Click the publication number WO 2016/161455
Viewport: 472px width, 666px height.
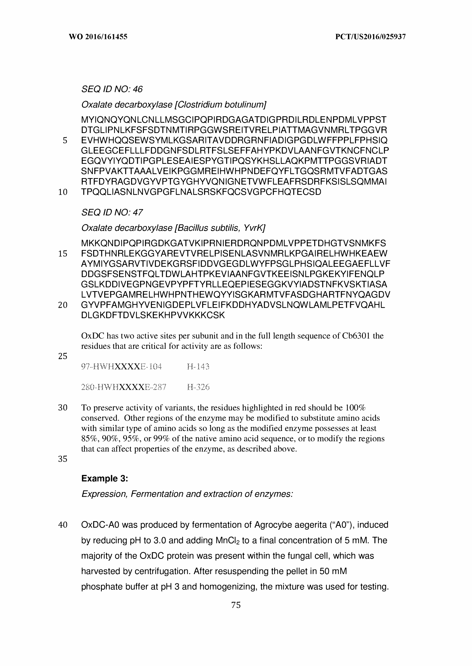coord(98,37)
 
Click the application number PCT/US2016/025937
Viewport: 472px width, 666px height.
coord(370,37)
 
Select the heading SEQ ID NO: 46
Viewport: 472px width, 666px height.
coord(112,89)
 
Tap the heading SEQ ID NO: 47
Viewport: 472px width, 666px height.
coord(112,212)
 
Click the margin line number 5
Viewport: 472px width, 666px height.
coord(65,141)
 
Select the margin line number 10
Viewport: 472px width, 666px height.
coord(63,192)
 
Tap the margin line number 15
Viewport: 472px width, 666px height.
coord(63,254)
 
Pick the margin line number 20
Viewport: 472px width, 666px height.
coord(63,305)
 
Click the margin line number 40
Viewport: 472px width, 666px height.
coord(63,525)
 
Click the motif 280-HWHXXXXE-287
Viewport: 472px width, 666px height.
coord(123,387)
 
